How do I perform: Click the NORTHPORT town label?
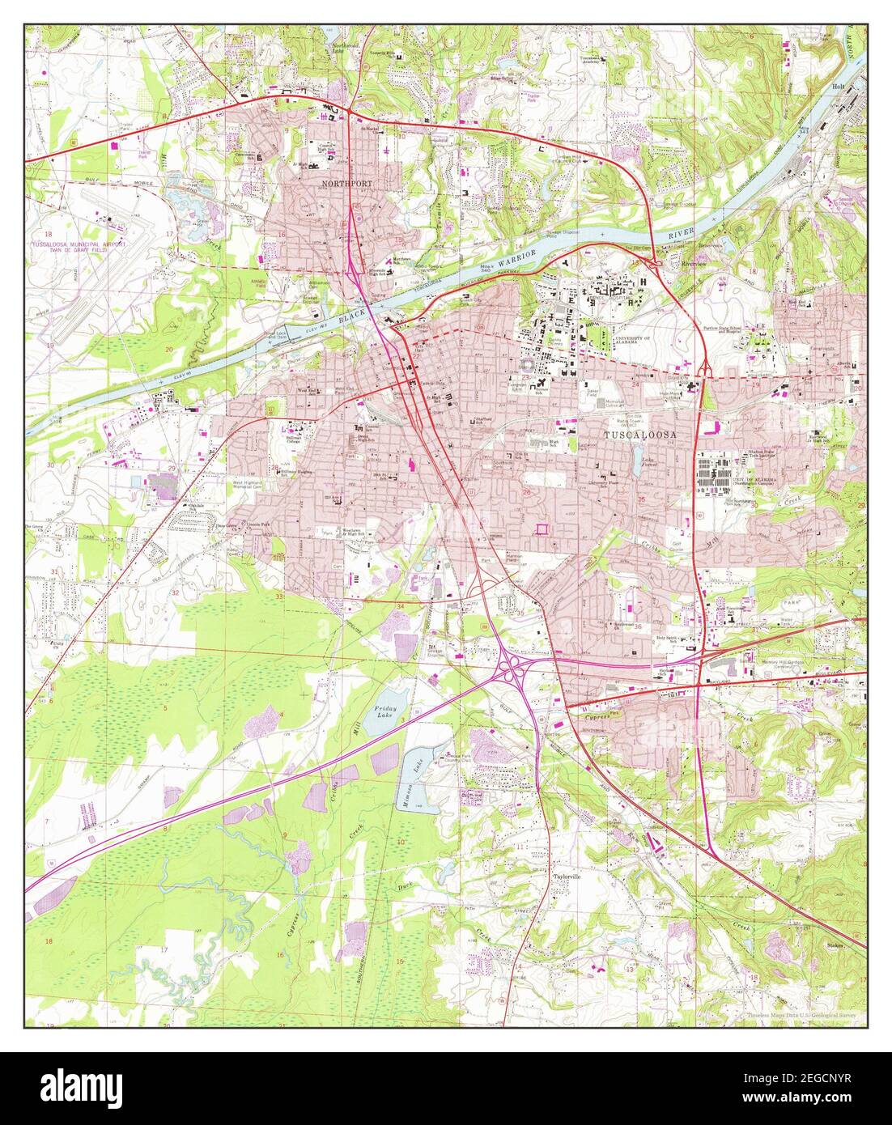347,185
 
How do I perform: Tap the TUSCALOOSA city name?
640,435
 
